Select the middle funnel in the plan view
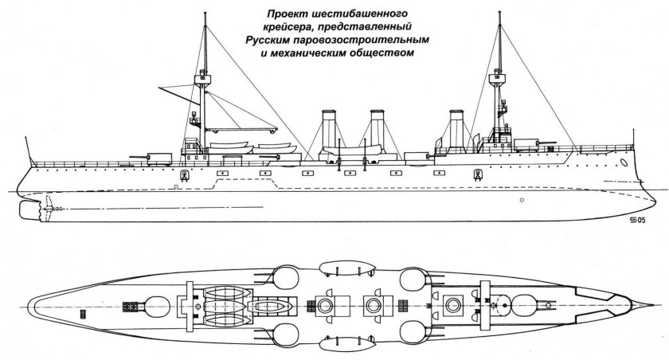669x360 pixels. [374, 306]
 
